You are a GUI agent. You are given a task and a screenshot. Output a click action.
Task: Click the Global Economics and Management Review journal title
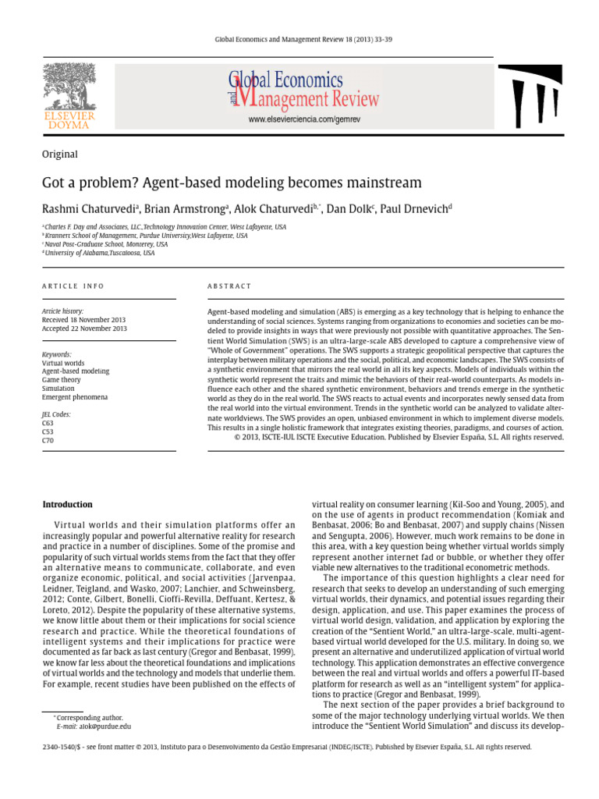pyautogui.click(x=303, y=90)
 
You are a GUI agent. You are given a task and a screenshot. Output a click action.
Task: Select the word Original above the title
pyautogui.click(x=60, y=154)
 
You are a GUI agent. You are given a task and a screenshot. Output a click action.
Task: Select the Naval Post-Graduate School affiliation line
pyautogui.click(x=96, y=243)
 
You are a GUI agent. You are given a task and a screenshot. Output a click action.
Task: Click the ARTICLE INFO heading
pyautogui.click(x=73, y=286)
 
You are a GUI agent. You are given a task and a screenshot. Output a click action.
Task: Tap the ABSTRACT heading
pyautogui.click(x=229, y=286)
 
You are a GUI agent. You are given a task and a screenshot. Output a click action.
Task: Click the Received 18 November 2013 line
pyautogui.click(x=83, y=320)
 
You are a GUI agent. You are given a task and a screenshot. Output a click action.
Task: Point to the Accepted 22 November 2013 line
pyautogui.click(x=84, y=328)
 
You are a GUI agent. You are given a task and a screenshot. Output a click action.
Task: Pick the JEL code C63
pyautogui.click(x=48, y=423)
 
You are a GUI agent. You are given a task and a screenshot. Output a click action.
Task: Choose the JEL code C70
pyautogui.click(x=48, y=440)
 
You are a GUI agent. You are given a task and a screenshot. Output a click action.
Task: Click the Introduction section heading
pyautogui.click(x=67, y=504)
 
